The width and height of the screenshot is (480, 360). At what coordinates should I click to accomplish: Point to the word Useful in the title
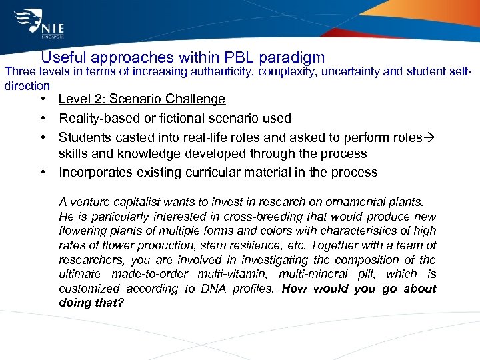tap(65, 58)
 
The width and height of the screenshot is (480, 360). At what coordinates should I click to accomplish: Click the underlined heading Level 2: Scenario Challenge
tap(142, 99)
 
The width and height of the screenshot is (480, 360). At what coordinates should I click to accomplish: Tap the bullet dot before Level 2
tap(42, 99)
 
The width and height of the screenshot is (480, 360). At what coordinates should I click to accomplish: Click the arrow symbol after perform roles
tap(431, 138)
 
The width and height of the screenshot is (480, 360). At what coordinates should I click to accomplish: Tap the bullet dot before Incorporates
tap(42, 173)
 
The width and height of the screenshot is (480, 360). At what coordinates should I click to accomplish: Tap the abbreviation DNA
tap(208, 289)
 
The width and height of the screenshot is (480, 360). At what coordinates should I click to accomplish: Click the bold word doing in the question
tap(75, 303)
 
